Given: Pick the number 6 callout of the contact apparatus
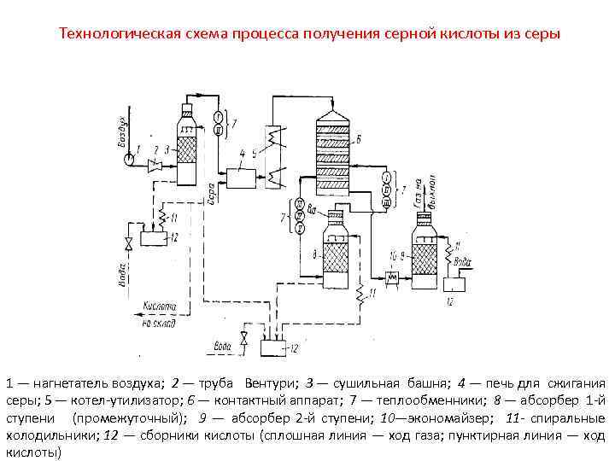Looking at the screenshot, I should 359,140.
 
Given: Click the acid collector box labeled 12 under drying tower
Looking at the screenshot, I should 154,236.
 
